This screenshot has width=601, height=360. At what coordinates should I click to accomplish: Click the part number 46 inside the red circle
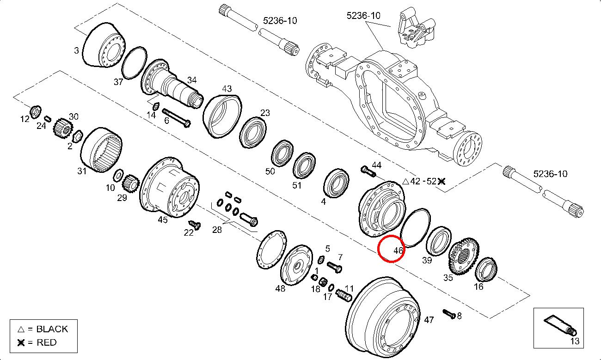(399, 251)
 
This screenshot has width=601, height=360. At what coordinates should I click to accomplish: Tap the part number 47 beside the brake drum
(429, 320)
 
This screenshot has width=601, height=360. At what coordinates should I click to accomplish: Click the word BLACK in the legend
(52, 329)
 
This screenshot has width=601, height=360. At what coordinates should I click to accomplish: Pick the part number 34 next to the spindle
(191, 79)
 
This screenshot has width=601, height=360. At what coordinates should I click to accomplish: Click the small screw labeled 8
(448, 314)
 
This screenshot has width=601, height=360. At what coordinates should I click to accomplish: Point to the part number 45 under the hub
(162, 220)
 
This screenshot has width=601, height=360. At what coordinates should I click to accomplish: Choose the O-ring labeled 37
(135, 61)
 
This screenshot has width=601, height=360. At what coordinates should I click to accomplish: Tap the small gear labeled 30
(62, 128)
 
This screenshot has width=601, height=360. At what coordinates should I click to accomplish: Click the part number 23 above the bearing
(265, 113)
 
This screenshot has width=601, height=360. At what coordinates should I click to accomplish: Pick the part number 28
(217, 230)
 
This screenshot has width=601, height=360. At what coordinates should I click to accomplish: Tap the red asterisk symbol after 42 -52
(442, 181)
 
